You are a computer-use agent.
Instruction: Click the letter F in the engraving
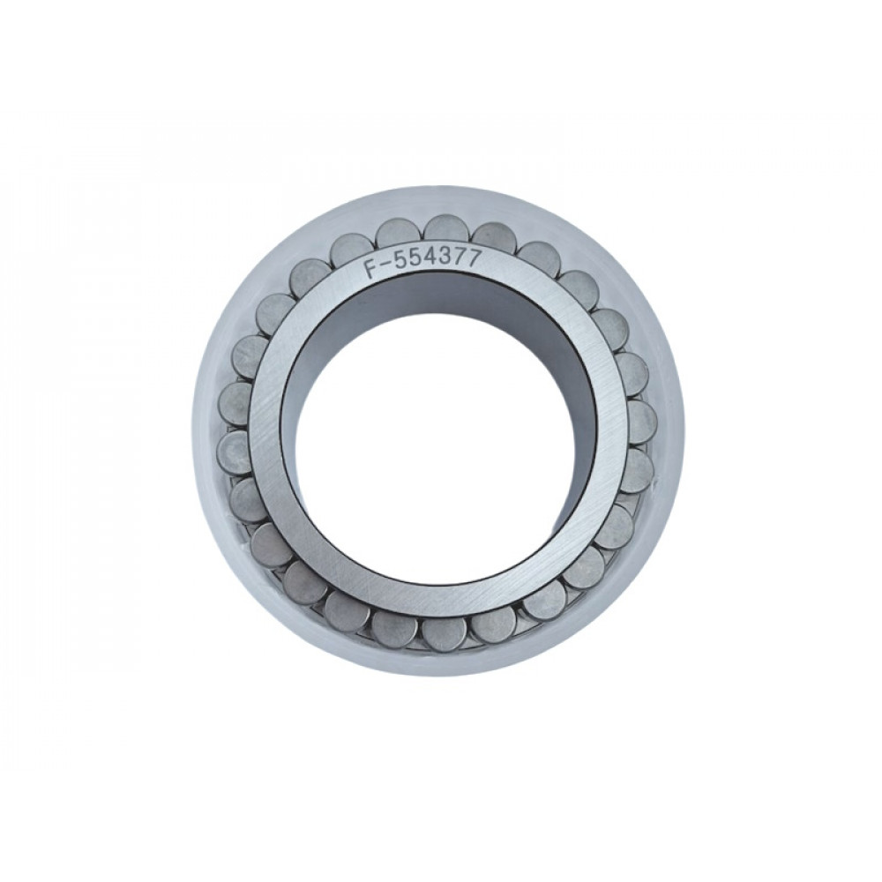pyautogui.click(x=370, y=268)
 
